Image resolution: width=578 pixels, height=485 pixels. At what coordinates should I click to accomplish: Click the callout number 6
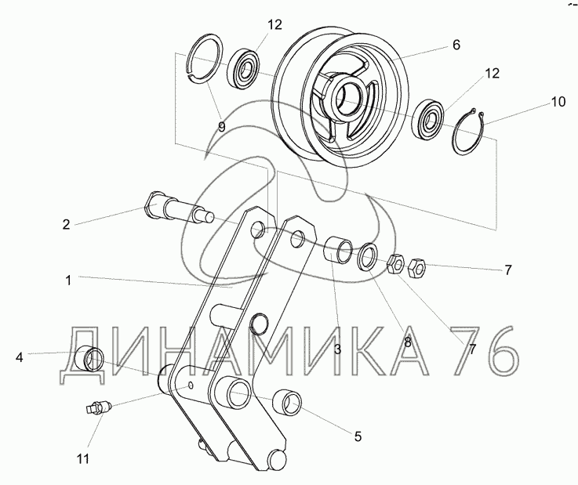(456, 45)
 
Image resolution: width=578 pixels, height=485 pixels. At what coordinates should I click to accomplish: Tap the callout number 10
(558, 102)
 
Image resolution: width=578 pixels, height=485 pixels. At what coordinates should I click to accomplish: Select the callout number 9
(221, 127)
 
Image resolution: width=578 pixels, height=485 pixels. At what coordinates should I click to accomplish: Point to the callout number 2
(66, 224)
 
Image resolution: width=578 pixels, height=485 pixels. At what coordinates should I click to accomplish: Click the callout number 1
(67, 281)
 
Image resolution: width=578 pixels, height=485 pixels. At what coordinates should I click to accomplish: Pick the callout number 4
(20, 357)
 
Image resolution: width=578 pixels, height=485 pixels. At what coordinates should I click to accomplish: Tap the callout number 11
(83, 459)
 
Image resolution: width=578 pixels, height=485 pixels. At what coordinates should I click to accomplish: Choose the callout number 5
(358, 436)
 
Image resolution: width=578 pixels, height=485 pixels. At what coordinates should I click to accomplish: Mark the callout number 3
(338, 349)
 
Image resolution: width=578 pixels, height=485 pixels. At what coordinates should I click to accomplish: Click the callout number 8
(407, 342)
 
